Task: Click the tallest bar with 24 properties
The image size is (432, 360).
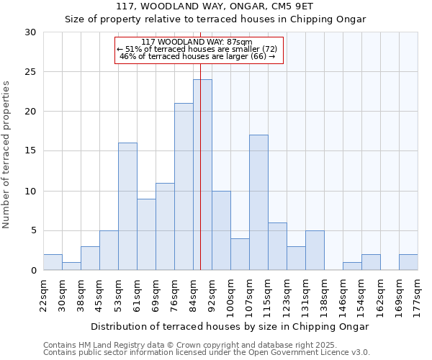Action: tap(202, 175)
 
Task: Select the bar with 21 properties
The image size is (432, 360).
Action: tap(184, 186)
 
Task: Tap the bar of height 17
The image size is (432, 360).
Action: tap(258, 202)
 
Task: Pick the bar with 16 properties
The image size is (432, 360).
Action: tap(127, 207)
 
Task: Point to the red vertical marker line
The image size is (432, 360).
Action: tap(200, 144)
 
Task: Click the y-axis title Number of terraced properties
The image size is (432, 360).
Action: tap(6, 155)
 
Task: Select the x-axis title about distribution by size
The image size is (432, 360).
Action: tap(230, 326)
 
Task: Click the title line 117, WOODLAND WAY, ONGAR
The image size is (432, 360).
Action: tap(215, 6)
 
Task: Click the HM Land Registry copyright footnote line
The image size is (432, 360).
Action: tap(190, 345)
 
